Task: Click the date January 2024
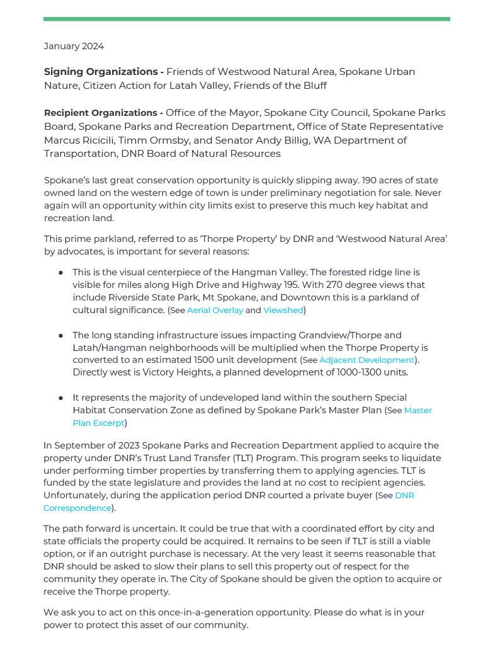(74, 46)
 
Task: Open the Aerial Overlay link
(215, 311)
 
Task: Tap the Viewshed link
(283, 311)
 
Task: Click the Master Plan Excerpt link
(417, 411)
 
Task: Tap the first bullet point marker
(60, 273)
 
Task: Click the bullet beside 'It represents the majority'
(60, 398)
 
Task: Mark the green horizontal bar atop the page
(246, 19)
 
